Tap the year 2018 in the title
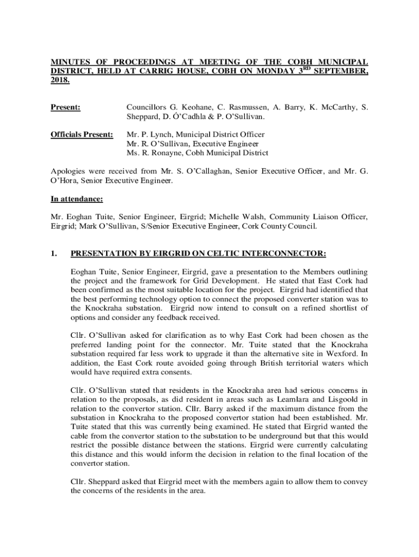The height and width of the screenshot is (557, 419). point(60,80)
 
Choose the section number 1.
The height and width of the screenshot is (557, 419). point(54,253)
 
